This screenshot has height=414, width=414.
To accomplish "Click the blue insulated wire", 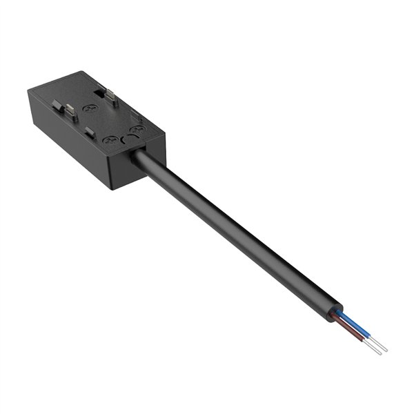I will pyautogui.click(x=356, y=325).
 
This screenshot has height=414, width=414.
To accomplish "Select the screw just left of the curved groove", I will pyautogui.click(x=110, y=141).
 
